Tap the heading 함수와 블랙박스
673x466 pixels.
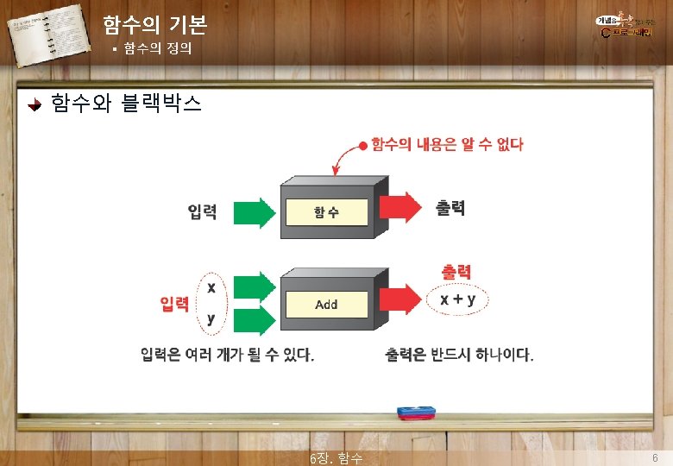pos(126,104)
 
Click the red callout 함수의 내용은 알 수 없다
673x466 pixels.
pos(447,144)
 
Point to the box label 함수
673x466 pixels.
pos(326,211)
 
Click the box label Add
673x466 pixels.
pos(326,304)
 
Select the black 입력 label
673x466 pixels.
pos(202,211)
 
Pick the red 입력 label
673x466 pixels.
pos(175,304)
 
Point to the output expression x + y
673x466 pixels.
pos(459,299)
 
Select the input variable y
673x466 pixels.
pos(211,318)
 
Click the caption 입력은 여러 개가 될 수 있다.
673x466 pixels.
pos(228,355)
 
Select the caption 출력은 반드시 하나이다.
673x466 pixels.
pos(459,355)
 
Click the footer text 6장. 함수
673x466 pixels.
pos(336,457)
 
